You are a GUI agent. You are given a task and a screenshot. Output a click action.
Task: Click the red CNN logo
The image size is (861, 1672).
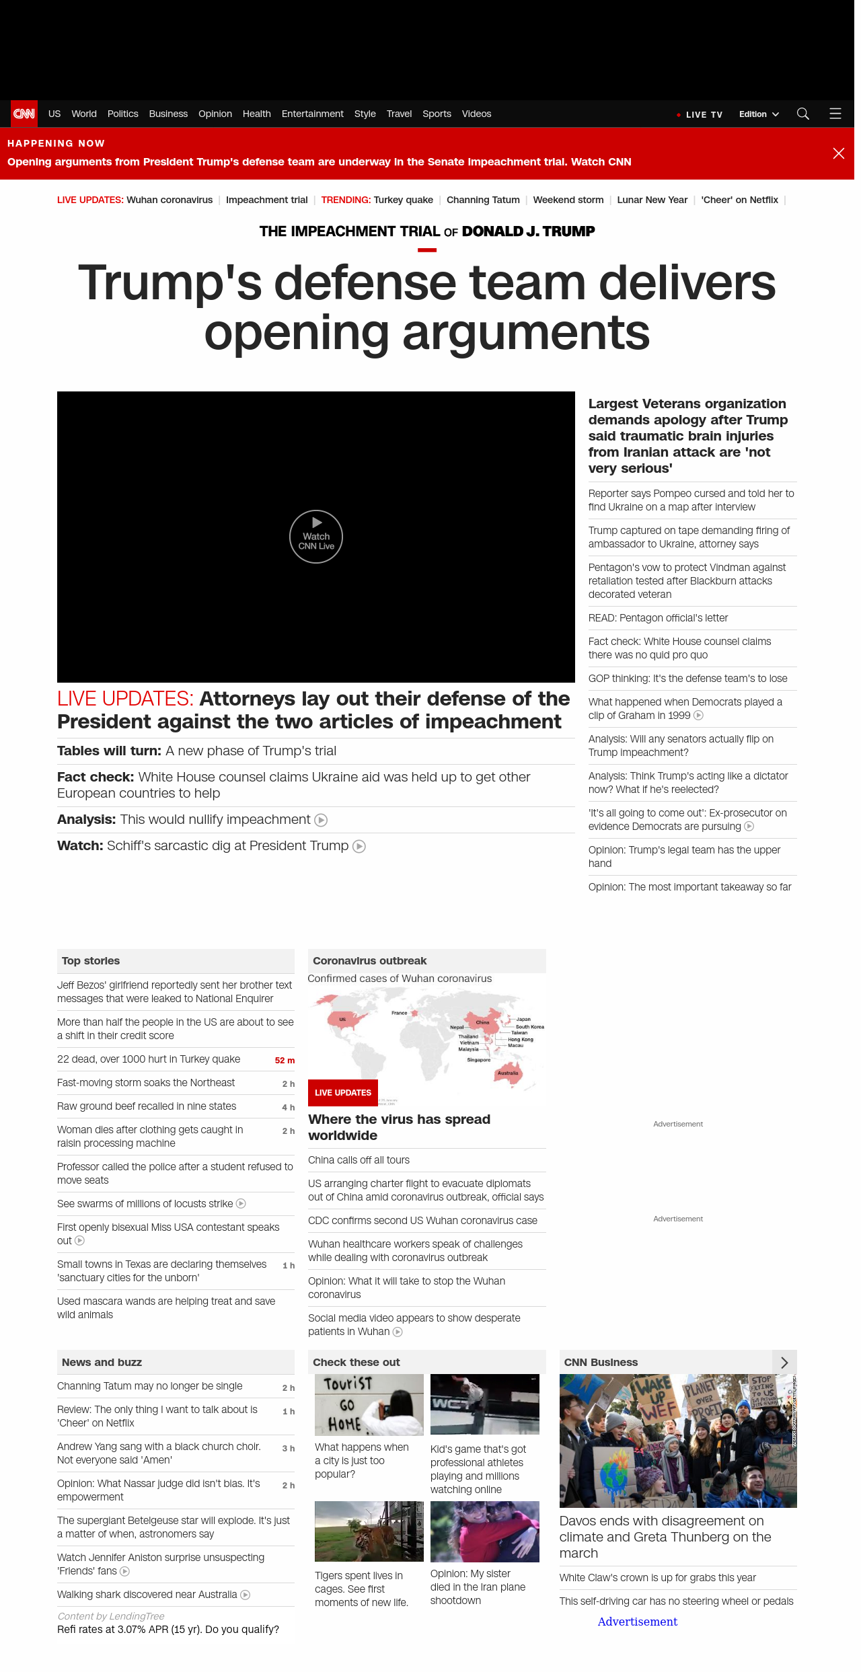tap(24, 114)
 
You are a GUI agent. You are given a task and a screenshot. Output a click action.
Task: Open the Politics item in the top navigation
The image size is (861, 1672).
tap(122, 114)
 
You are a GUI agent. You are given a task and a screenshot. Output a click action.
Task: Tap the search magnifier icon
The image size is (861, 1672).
tap(802, 114)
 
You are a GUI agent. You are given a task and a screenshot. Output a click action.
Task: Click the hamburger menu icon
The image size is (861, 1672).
tap(835, 114)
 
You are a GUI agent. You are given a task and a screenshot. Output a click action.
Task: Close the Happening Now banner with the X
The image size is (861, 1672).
tap(838, 153)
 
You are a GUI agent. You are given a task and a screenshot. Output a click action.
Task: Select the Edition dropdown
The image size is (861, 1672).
tap(758, 114)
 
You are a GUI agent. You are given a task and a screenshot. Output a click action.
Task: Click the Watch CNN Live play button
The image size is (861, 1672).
tap(316, 536)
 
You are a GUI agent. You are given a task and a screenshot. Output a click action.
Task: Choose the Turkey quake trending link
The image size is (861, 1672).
tap(403, 200)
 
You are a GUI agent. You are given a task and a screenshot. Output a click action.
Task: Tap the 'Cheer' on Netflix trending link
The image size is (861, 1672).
tap(739, 200)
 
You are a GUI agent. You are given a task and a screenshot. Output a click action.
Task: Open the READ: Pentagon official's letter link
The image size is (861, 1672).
tap(658, 618)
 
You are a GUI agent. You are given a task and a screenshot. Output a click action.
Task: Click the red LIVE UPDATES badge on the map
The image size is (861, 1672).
tap(343, 1092)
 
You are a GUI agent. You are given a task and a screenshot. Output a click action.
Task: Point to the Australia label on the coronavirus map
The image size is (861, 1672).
tap(508, 1073)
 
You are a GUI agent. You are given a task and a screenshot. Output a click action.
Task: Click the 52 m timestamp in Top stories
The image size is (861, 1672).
tap(285, 1060)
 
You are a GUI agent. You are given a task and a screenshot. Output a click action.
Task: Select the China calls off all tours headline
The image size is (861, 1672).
tap(359, 1160)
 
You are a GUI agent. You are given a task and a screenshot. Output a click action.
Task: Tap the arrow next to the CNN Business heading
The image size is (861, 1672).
tap(784, 1363)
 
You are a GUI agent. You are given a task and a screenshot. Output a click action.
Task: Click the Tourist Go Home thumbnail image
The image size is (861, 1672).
tap(369, 1404)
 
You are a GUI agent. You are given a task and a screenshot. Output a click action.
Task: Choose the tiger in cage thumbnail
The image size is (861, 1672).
tap(369, 1531)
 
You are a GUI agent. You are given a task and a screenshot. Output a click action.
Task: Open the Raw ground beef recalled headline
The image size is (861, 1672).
tap(147, 1106)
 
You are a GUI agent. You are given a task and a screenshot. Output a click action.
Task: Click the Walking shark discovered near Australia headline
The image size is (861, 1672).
tap(147, 1595)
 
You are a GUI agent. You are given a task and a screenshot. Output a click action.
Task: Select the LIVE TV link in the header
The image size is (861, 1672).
tap(703, 115)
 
